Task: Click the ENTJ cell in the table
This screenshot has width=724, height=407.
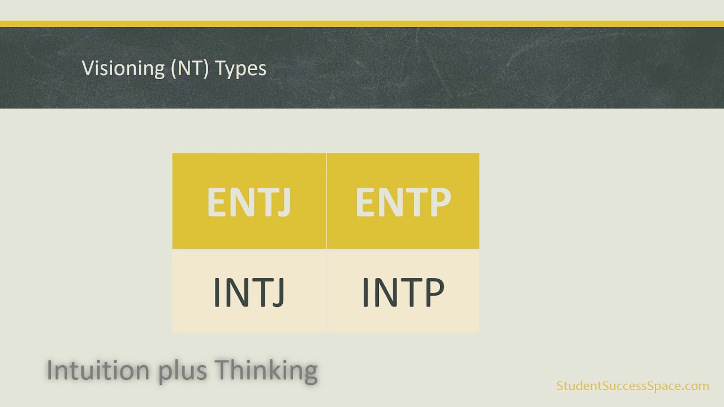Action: (x=249, y=201)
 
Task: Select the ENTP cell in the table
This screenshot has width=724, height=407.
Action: (x=403, y=201)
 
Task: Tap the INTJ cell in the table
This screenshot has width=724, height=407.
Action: (x=249, y=292)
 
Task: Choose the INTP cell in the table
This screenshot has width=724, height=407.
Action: (x=403, y=292)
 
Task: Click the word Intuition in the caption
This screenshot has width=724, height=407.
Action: (x=99, y=370)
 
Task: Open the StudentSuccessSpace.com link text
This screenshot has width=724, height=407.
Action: (x=632, y=386)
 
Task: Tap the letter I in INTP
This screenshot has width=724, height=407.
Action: (x=365, y=292)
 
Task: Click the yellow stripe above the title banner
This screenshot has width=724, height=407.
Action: (x=362, y=24)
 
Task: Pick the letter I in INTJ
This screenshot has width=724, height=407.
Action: (x=217, y=292)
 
